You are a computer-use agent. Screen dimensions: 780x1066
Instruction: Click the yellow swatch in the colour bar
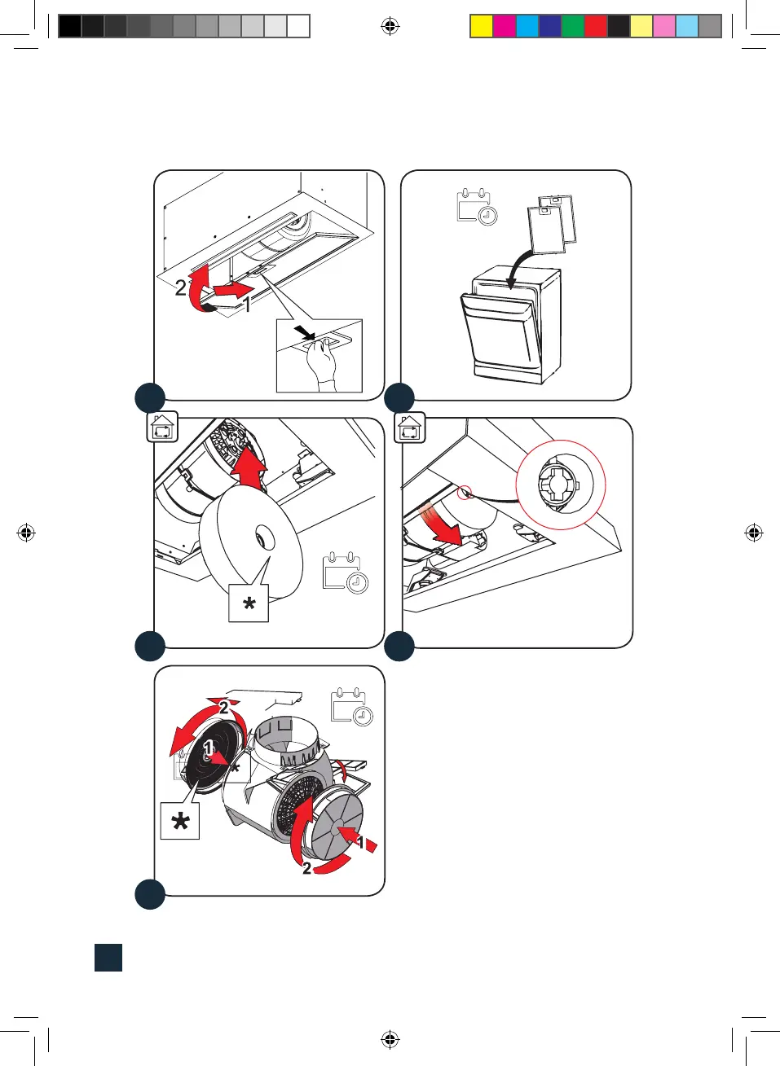tap(481, 26)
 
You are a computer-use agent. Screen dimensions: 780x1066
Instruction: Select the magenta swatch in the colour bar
tap(504, 26)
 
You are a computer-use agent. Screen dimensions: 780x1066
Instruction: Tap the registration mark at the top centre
tap(390, 27)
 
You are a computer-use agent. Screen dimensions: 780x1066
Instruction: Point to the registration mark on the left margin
tap(26, 533)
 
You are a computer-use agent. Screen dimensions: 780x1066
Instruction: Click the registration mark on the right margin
tap(754, 533)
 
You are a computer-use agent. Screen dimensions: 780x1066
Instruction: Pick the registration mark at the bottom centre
tap(390, 1039)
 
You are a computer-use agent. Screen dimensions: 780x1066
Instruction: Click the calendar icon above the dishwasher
tap(477, 207)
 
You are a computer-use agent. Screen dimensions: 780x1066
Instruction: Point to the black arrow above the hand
tap(304, 331)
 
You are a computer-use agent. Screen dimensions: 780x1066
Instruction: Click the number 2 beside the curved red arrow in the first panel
tap(180, 287)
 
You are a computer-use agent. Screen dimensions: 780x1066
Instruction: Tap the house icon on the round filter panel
tap(162, 427)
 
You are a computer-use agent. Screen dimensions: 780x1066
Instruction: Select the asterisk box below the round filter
tap(249, 603)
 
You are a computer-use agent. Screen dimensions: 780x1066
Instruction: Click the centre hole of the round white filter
tap(264, 537)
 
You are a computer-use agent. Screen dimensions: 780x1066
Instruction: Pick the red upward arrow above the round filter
tap(249, 469)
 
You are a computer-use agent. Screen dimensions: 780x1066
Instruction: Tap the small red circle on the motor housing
tap(465, 492)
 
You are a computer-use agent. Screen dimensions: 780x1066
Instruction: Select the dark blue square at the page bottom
tap(108, 957)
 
